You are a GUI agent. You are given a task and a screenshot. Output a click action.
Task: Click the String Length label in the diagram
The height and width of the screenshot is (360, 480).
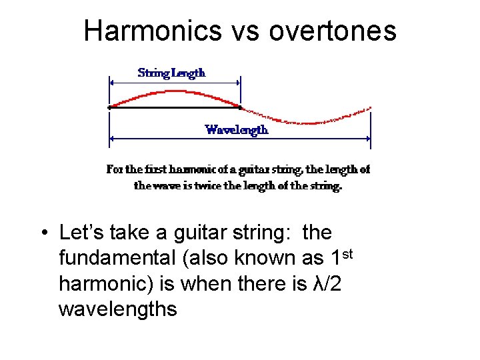point(171,73)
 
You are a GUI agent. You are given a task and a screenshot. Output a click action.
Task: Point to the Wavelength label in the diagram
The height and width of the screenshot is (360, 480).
point(237,130)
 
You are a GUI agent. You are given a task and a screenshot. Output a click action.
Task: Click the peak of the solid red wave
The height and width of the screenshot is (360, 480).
point(175,91)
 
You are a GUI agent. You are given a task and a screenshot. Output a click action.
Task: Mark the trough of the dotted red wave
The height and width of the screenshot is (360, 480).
point(305,123)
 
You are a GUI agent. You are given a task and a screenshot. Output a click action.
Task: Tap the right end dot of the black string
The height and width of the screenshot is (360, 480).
point(240,107)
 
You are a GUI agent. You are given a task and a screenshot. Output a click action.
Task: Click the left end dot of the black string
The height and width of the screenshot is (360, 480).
point(109,107)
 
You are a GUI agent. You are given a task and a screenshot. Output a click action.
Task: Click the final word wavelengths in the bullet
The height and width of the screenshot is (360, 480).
point(117,309)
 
